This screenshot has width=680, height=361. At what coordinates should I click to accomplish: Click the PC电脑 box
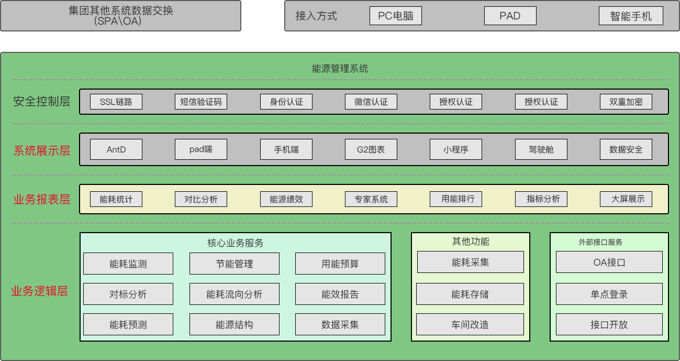(395, 16)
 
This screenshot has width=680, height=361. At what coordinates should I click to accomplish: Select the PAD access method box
(510, 16)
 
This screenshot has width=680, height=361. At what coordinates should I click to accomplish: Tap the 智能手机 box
(631, 16)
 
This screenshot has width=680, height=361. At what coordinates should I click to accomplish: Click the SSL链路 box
(116, 102)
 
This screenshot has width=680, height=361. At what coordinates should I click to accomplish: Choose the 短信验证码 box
(201, 102)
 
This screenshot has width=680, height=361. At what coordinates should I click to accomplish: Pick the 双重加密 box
(626, 102)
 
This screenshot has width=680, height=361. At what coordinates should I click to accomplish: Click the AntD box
(116, 149)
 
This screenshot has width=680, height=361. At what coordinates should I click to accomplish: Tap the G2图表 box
(371, 149)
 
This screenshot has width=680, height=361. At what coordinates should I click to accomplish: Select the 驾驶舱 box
(541, 149)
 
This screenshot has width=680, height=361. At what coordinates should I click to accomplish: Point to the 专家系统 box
(371, 199)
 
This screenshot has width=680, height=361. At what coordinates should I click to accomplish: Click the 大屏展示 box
(626, 199)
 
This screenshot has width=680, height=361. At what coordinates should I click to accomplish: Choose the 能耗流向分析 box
(234, 294)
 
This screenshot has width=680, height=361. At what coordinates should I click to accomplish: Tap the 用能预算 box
(340, 264)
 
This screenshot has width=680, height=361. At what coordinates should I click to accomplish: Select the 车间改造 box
(470, 324)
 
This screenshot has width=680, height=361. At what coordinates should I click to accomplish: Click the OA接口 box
(609, 262)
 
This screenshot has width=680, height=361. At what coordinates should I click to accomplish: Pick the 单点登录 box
(609, 294)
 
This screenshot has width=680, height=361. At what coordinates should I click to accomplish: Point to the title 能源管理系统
(340, 69)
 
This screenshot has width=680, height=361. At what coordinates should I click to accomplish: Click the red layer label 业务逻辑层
(40, 291)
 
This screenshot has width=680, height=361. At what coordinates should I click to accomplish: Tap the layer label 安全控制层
(42, 102)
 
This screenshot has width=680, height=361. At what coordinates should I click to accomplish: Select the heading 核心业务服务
(235, 243)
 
